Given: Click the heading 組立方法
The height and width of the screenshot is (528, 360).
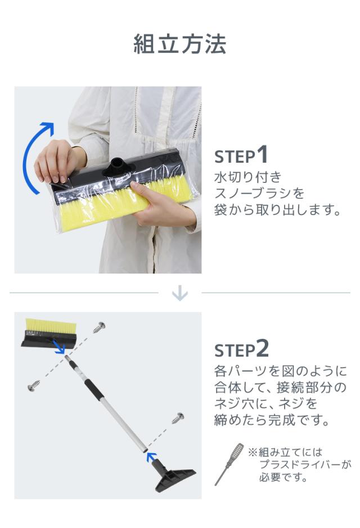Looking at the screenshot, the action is tap(179, 44).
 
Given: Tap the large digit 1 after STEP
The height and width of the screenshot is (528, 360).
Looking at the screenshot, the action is tap(262, 155).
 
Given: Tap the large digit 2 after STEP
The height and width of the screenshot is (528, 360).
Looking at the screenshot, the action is tap(263, 348).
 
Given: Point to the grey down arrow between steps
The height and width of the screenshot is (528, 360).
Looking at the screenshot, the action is tap(179, 293).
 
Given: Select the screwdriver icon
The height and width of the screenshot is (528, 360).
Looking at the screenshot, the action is tap(229, 464).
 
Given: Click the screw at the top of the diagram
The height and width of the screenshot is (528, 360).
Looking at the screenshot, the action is tap(99, 326).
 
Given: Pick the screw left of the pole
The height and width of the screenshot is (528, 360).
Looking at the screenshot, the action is tap(34, 386).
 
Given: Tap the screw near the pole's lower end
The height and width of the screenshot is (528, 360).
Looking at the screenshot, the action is tap(178, 418).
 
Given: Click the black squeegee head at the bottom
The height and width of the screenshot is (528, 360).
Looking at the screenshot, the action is tap(174, 476).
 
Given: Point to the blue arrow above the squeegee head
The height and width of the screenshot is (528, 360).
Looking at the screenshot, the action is tap(152, 457).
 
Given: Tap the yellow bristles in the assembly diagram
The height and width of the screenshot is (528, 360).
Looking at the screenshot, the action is tap(51, 325).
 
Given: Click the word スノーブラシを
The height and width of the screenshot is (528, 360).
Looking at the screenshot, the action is tap(259, 193).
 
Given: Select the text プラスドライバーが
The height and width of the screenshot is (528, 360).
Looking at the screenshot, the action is tap(305, 464).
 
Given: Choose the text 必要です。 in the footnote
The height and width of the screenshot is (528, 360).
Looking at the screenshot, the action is tap(283, 477).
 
